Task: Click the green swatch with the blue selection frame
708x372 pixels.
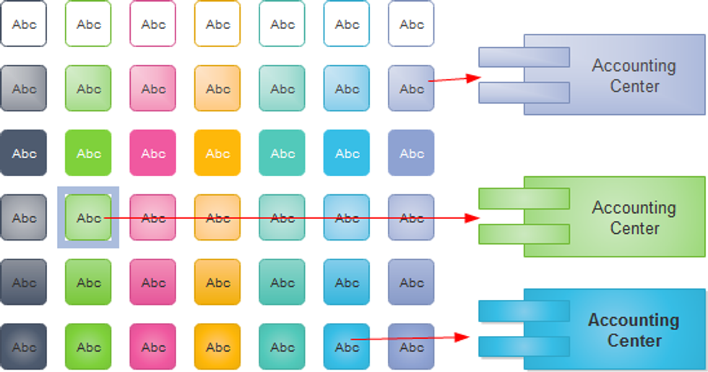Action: pyautogui.click(x=88, y=217)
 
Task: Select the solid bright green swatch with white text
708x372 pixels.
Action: pyautogui.click(x=88, y=153)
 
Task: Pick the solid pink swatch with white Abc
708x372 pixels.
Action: pyautogui.click(x=153, y=153)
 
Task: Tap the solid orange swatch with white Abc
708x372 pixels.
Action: pyautogui.click(x=217, y=153)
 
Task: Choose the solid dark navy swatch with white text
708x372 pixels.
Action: pyautogui.click(x=24, y=153)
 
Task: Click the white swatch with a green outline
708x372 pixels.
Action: pyautogui.click(x=88, y=24)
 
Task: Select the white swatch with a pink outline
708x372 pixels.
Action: pyautogui.click(x=153, y=24)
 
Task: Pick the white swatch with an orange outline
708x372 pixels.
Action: pyautogui.click(x=217, y=24)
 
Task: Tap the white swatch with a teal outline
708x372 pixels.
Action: pyautogui.click(x=282, y=24)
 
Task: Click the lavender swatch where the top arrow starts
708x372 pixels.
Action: pyautogui.click(x=411, y=88)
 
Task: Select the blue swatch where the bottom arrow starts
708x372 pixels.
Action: pyautogui.click(x=347, y=347)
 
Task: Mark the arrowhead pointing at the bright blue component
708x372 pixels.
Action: pyautogui.click(x=465, y=337)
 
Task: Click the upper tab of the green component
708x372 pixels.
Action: pyautogui.click(x=524, y=199)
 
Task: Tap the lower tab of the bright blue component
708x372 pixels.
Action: pyautogui.click(x=524, y=346)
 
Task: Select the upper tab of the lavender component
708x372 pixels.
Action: pyautogui.click(x=524, y=57)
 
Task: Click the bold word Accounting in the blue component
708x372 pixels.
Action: pyautogui.click(x=634, y=320)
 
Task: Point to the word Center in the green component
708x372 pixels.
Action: pyautogui.click(x=634, y=228)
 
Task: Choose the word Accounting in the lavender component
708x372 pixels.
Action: pyautogui.click(x=634, y=66)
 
